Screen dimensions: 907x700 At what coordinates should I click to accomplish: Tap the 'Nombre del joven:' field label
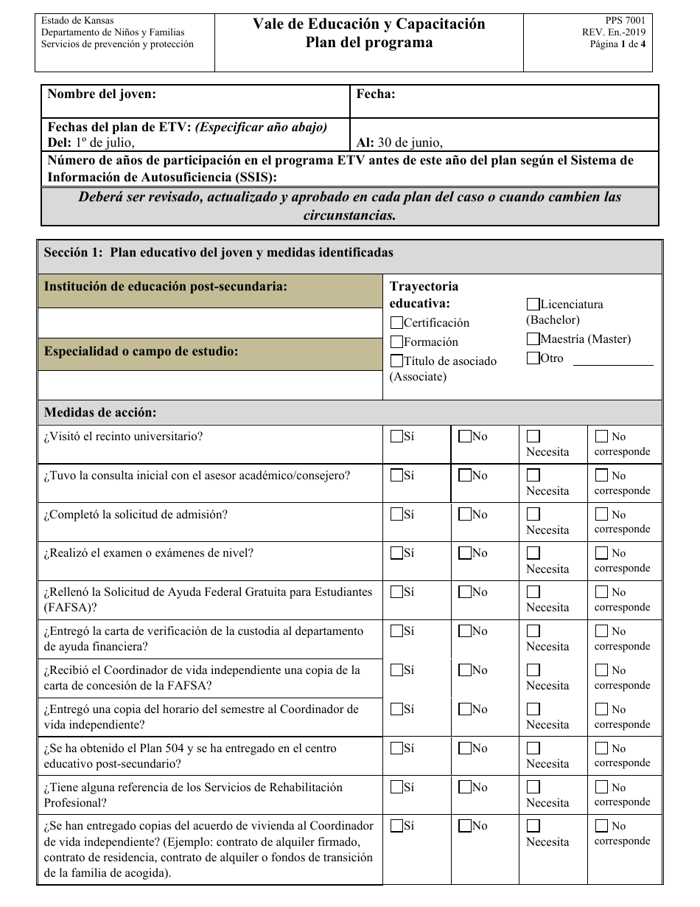[102, 94]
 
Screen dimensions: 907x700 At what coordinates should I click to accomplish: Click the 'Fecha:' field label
[376, 94]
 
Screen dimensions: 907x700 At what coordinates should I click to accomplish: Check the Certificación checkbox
[396, 322]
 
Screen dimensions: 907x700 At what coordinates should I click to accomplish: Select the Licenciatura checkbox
[533, 304]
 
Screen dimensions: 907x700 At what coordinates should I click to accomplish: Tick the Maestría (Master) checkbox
[533, 339]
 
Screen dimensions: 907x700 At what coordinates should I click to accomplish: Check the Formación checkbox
[396, 341]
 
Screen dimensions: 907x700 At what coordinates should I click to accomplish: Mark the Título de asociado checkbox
[396, 361]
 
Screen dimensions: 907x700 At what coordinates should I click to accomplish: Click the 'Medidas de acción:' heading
[100, 413]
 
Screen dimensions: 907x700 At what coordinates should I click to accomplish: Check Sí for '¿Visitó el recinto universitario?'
[396, 436]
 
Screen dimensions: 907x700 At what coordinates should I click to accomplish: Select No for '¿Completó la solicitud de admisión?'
[465, 514]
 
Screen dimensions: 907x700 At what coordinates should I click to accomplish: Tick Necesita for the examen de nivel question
[533, 553]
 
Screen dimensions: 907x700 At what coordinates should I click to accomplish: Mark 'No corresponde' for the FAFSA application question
[601, 591]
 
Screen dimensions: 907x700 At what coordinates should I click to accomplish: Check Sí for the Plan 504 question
[396, 748]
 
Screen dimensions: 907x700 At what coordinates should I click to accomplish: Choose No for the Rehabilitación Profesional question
[465, 787]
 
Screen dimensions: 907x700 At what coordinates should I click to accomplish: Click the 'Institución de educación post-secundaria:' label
[166, 287]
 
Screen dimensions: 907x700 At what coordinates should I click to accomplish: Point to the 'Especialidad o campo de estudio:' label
[141, 352]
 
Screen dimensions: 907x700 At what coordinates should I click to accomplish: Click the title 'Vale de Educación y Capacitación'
[369, 24]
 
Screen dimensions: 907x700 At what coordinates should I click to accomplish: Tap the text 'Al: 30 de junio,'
[399, 143]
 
